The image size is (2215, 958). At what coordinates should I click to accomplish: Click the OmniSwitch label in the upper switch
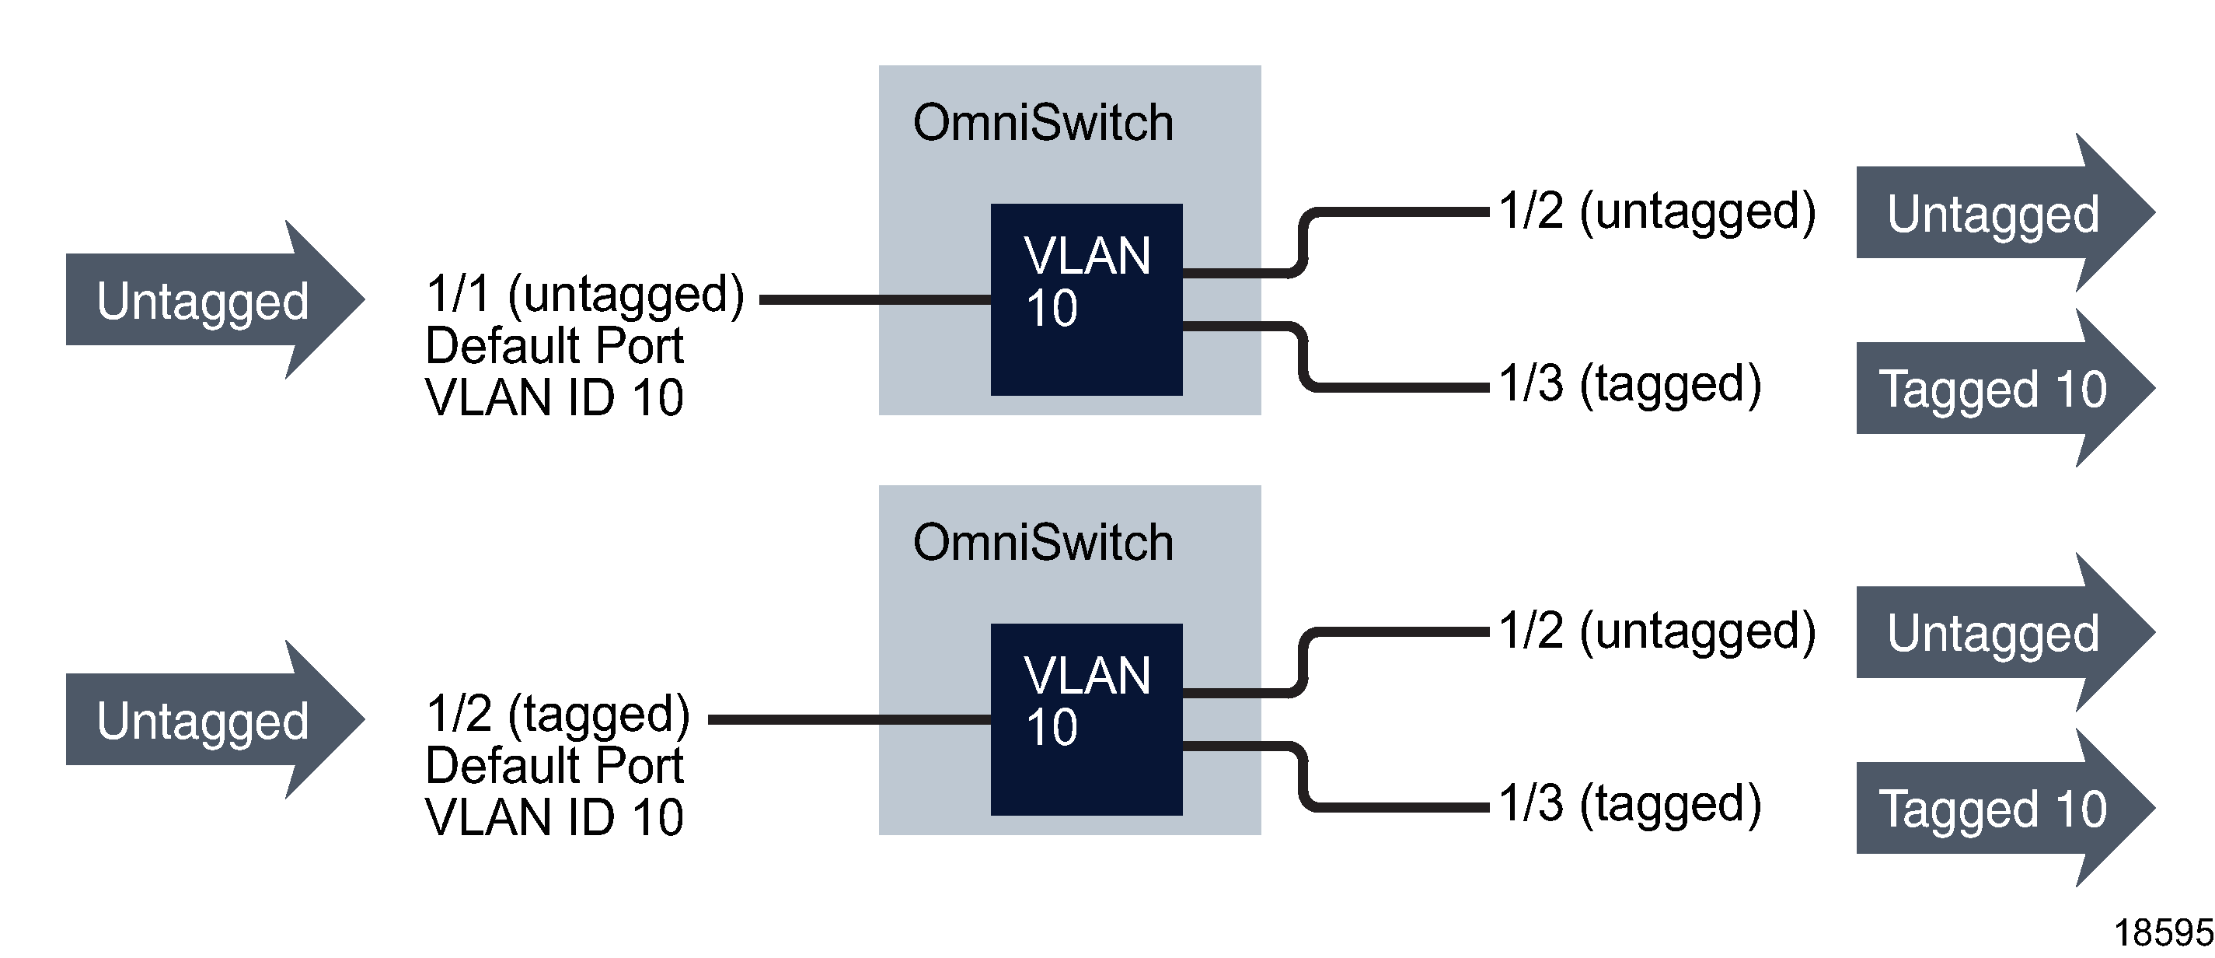(1043, 123)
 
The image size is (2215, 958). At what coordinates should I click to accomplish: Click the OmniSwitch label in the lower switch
(1043, 543)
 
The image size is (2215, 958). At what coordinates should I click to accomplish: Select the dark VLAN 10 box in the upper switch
(1086, 299)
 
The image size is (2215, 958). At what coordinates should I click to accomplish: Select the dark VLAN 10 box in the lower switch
(1086, 719)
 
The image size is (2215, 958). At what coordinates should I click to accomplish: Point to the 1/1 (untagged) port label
(584, 294)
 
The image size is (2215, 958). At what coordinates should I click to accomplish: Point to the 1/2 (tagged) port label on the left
(558, 714)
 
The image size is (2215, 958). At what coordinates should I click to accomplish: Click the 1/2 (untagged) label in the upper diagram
(1657, 211)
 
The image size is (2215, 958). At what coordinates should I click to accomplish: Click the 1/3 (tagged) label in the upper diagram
(1631, 383)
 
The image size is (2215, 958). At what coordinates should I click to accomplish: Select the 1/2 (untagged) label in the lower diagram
(1657, 631)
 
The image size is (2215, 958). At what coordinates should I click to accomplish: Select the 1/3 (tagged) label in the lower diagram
(1631, 803)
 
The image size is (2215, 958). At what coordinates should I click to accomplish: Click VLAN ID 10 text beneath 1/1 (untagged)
(555, 397)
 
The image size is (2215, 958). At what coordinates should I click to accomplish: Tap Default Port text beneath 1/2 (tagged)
(555, 765)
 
